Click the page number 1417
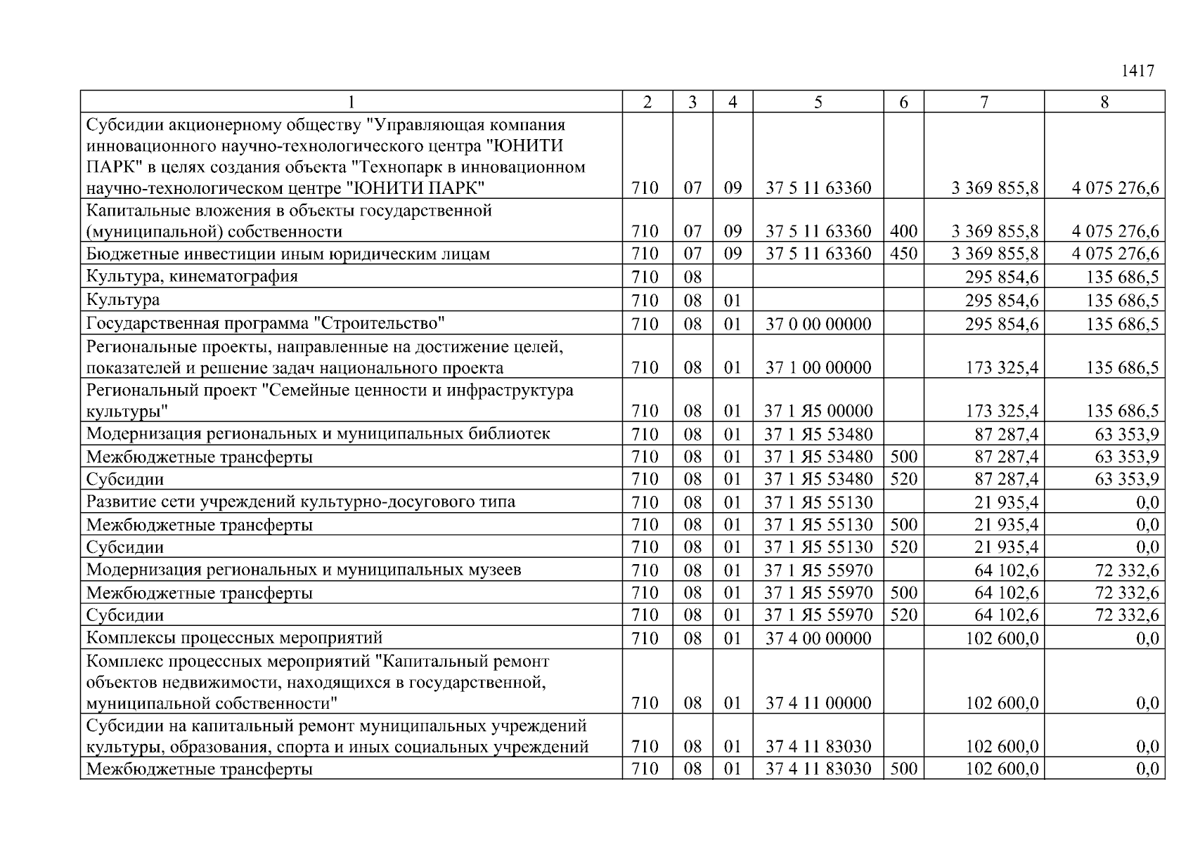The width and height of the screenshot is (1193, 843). coord(1137,71)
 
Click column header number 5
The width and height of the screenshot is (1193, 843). coord(818,103)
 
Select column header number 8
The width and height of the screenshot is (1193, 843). coord(1104,103)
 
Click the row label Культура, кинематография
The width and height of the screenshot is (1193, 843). coord(192,276)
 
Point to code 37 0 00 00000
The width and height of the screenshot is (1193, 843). coord(818,324)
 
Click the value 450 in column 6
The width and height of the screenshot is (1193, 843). coord(903,254)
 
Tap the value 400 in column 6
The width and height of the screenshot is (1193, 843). coord(903,231)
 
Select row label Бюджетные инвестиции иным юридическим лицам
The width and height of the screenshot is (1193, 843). coord(288,254)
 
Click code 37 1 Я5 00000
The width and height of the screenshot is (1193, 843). coord(818,411)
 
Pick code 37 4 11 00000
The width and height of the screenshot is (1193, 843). coord(818,703)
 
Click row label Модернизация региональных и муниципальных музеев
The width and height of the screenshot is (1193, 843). coord(304,570)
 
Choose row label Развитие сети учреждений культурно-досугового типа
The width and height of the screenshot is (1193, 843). coord(300,502)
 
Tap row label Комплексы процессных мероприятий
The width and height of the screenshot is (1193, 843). coord(234,638)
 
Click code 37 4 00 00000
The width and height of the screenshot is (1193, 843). coord(818,639)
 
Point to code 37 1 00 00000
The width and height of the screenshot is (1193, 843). coord(818,367)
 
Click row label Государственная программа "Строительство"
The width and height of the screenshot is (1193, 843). coord(266,324)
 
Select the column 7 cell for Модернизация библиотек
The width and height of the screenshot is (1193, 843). coord(1005,434)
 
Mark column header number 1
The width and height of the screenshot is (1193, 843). coord(351,103)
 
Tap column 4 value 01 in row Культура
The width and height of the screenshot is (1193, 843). coord(733,301)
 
